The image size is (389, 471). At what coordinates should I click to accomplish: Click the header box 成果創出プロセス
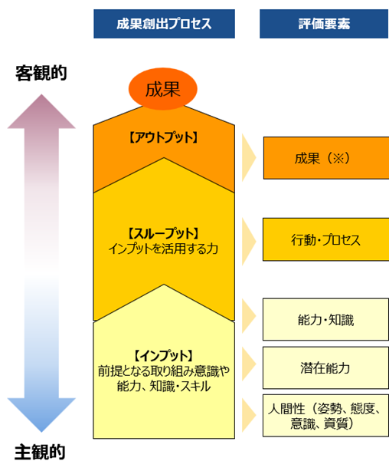[164, 24]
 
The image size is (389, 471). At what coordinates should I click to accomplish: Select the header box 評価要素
[324, 24]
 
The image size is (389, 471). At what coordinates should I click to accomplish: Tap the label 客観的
[41, 73]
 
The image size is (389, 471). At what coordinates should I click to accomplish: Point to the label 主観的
[40, 452]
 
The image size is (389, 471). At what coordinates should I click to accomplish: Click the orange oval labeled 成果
[163, 89]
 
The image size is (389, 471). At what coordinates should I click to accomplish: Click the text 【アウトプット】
[163, 137]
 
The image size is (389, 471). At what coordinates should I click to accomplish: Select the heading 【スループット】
[163, 233]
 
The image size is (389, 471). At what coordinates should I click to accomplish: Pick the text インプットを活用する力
[163, 249]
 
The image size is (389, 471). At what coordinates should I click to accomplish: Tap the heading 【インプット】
[163, 356]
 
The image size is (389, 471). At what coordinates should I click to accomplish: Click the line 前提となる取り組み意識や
[163, 371]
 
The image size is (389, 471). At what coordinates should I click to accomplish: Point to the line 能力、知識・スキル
[163, 387]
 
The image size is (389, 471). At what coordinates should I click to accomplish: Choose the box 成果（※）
[326, 158]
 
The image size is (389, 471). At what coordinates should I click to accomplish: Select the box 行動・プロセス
[326, 239]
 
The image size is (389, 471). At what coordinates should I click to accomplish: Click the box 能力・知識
[325, 319]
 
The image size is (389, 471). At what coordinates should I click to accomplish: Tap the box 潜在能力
[325, 367]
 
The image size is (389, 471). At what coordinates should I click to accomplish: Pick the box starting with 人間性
[325, 416]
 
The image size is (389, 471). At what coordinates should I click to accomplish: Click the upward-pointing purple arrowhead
[41, 112]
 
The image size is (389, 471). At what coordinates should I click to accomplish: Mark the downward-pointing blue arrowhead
[41, 415]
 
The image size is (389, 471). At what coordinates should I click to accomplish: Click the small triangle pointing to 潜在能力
[249, 364]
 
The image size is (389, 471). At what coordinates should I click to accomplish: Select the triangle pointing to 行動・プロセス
[249, 241]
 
